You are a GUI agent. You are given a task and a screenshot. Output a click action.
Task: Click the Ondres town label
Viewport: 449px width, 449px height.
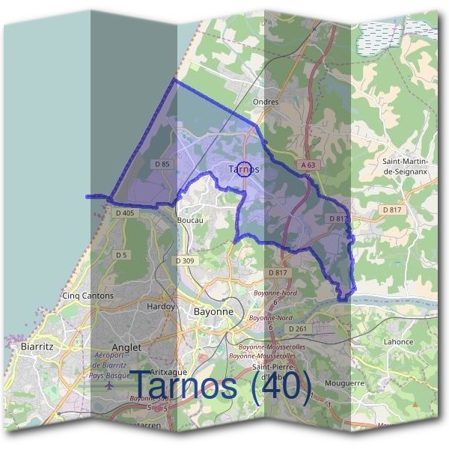pos(266,102)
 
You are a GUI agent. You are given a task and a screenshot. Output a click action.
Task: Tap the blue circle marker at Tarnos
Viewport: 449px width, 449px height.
pos(243,168)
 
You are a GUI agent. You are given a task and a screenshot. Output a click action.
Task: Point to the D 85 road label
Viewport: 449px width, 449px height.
pos(162,164)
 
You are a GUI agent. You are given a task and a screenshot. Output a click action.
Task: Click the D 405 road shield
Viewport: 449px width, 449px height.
pos(125,213)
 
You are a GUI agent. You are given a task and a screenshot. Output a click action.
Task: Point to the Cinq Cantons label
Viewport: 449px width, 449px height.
pos(89,296)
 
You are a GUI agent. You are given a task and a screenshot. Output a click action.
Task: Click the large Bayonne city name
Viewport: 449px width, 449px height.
pos(213,311)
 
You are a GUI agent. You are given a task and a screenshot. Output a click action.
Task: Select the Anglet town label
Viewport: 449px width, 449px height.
pos(125,348)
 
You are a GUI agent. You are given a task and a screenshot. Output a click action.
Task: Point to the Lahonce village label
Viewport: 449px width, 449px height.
pos(398,342)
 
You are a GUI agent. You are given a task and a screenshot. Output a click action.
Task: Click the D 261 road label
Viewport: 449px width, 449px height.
pos(297,329)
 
